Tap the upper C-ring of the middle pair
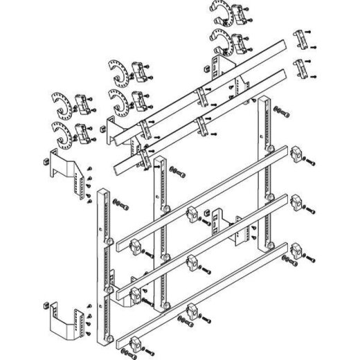118,72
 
